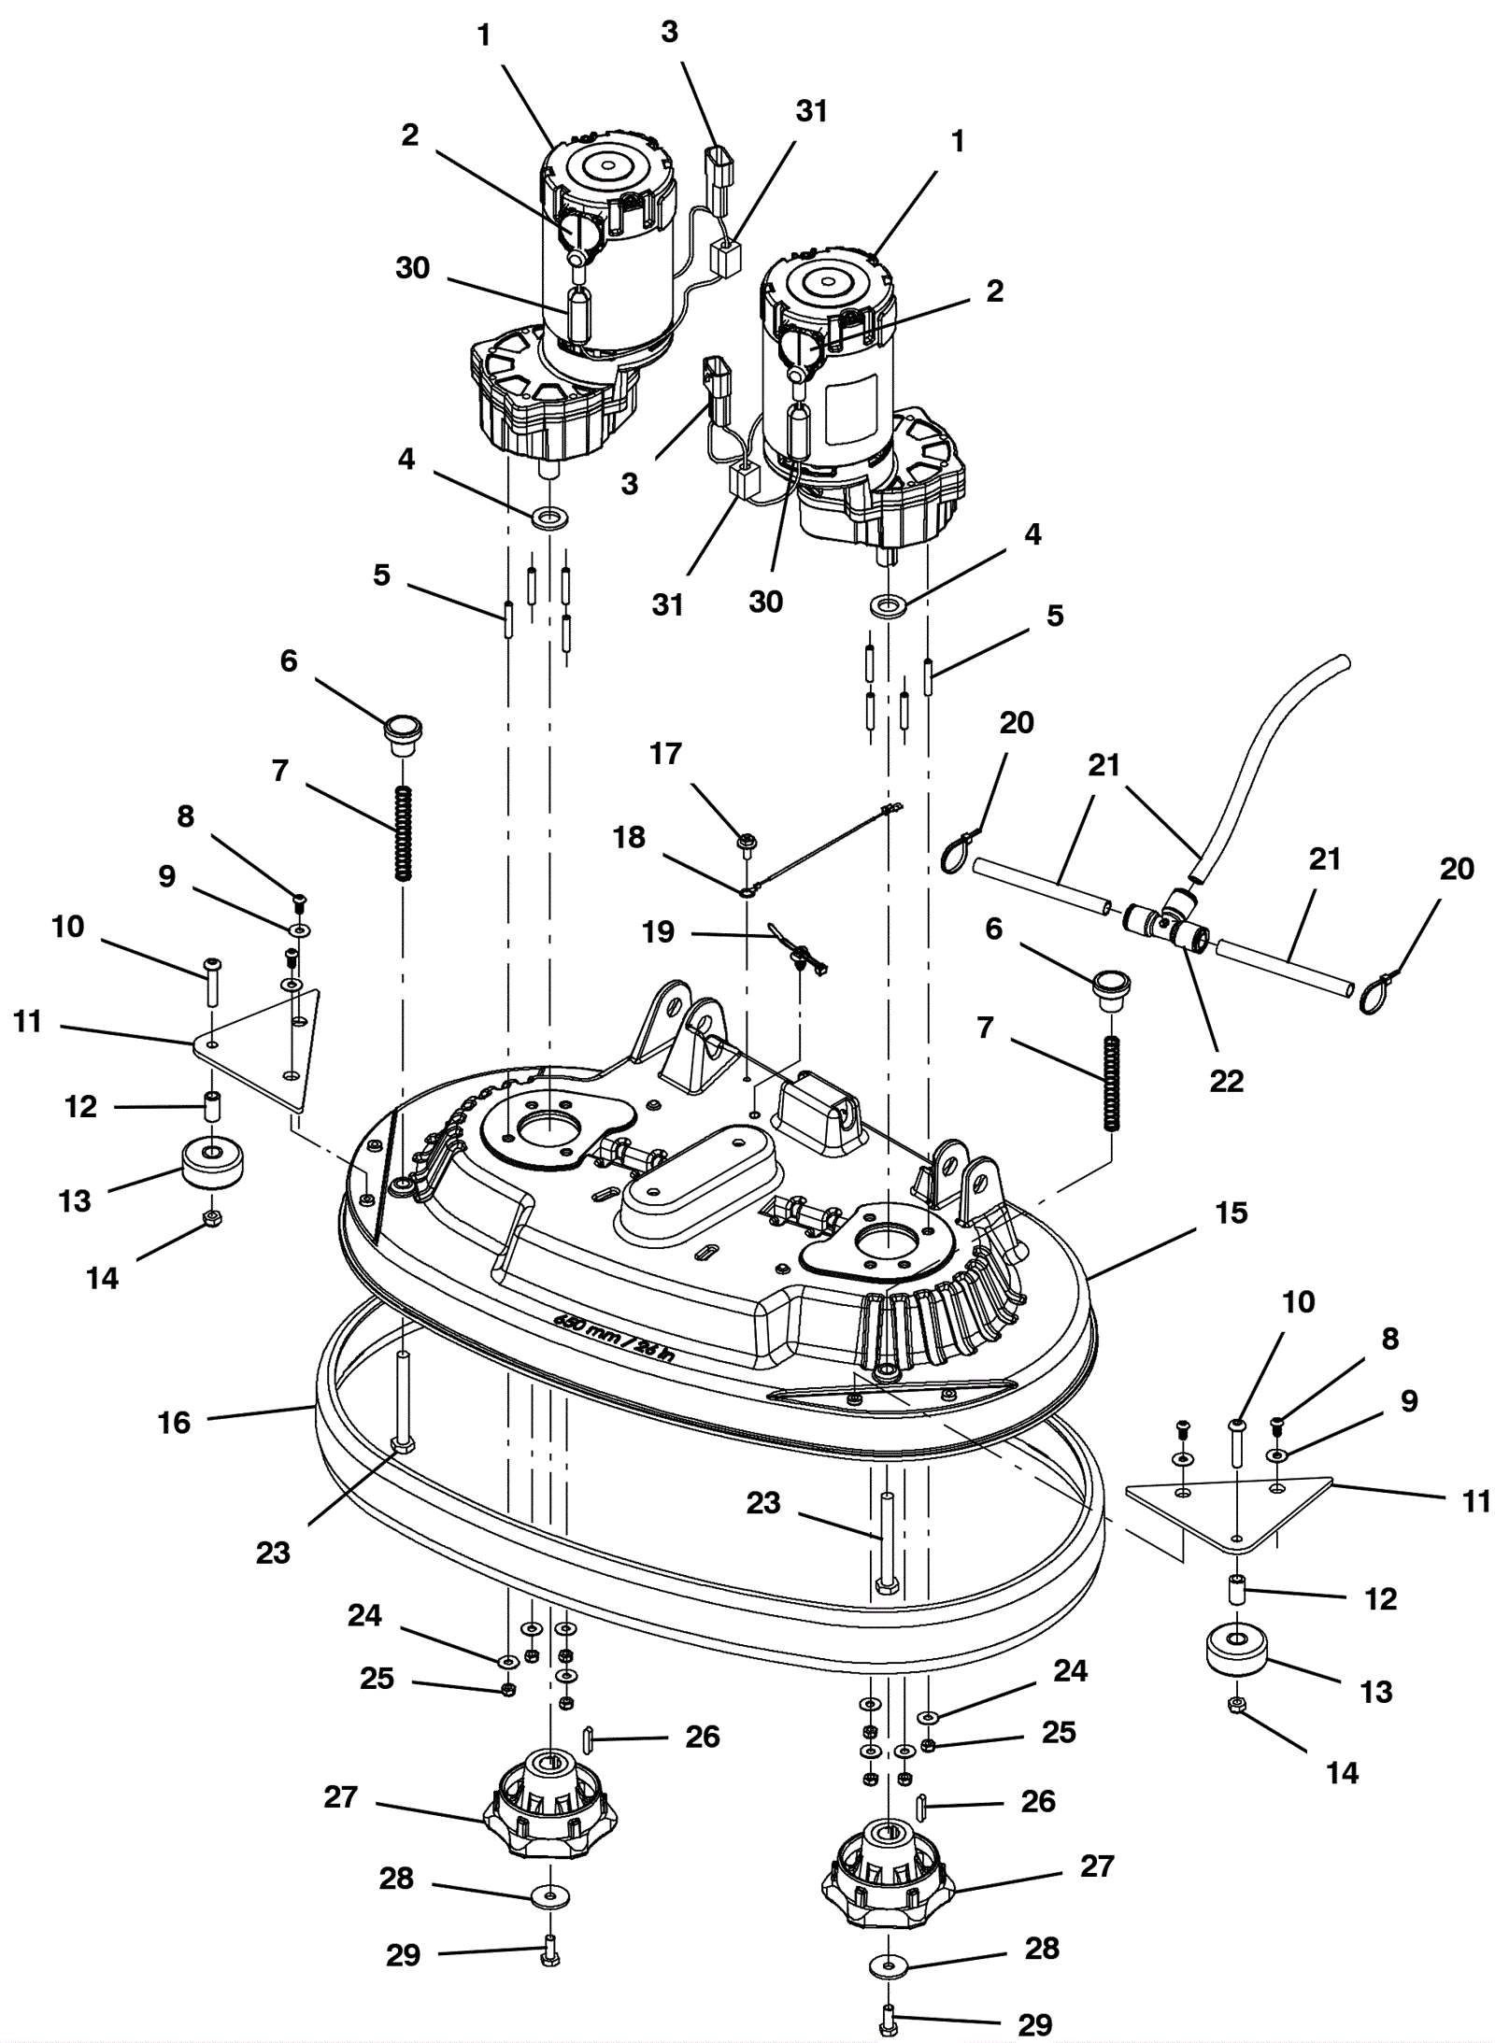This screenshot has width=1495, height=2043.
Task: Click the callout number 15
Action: point(1231,1213)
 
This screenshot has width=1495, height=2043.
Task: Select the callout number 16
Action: point(174,1423)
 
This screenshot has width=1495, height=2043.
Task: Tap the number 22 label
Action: point(1226,1081)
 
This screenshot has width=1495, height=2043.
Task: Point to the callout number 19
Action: point(659,931)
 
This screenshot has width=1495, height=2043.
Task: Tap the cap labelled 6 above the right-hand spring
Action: point(1111,988)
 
